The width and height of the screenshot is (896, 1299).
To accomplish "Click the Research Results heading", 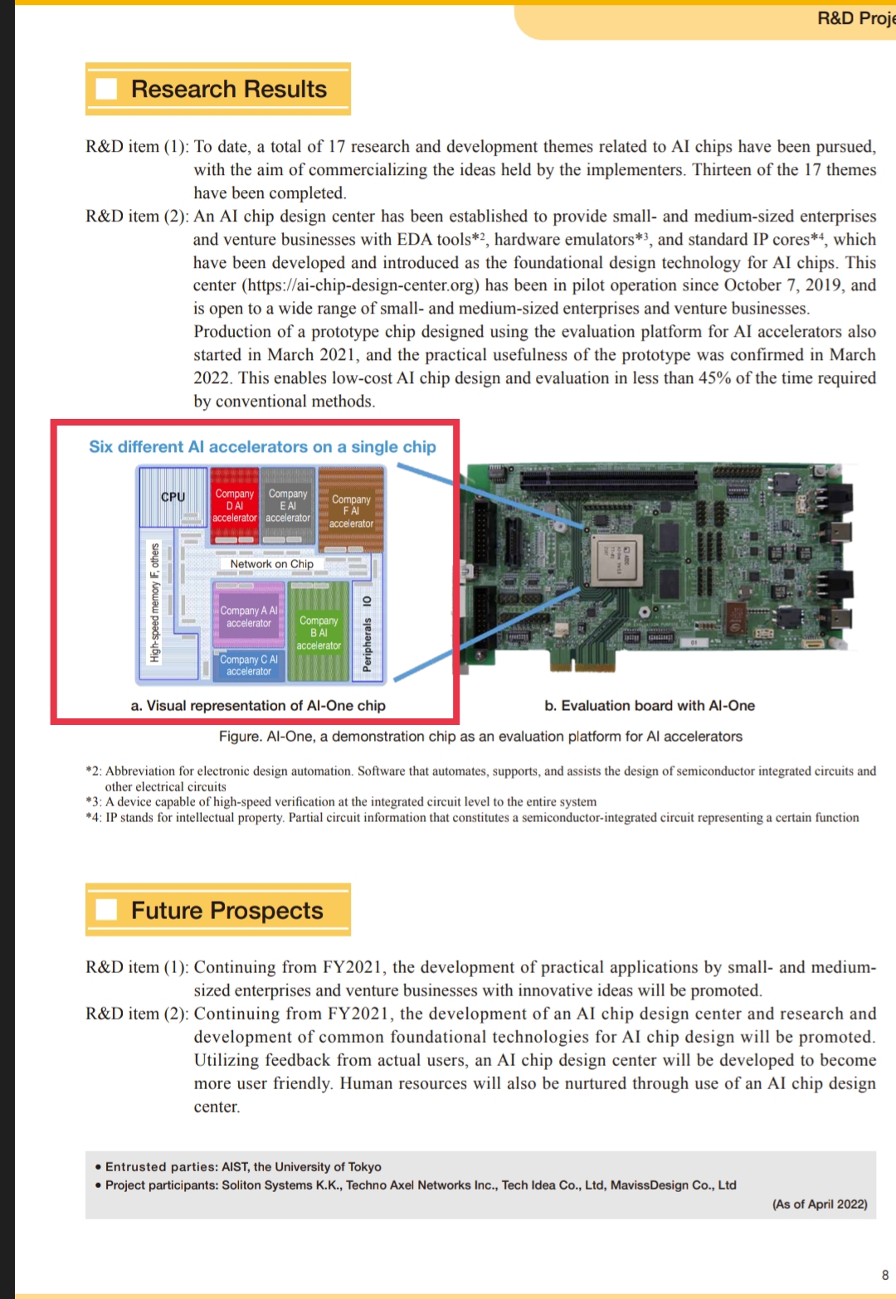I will [228, 89].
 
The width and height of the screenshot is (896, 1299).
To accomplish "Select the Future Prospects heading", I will [226, 910].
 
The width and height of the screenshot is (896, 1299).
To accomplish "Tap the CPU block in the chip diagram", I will [173, 497].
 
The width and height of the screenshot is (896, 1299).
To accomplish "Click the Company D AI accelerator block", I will [235, 505].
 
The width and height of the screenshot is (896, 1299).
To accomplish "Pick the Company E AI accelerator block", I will [288, 505].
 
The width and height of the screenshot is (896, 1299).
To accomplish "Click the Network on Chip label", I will [271, 564].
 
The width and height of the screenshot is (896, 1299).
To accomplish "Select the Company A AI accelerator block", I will [249, 616].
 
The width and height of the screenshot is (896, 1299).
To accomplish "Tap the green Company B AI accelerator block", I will [319, 633].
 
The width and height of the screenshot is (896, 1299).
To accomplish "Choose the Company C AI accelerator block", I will [249, 665].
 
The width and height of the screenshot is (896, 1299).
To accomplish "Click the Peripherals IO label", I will [368, 635].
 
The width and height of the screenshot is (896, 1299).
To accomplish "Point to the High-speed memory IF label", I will [155, 603].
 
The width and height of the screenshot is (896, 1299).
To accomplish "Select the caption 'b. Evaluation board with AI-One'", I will [650, 706].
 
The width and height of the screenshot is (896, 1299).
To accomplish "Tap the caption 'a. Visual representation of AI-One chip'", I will [258, 706].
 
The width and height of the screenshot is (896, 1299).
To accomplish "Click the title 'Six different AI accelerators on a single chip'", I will [262, 447].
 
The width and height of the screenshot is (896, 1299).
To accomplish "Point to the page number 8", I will [885, 1275].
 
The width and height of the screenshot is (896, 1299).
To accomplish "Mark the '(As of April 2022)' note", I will [820, 1204].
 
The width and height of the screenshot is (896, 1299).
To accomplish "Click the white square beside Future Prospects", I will [106, 910].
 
